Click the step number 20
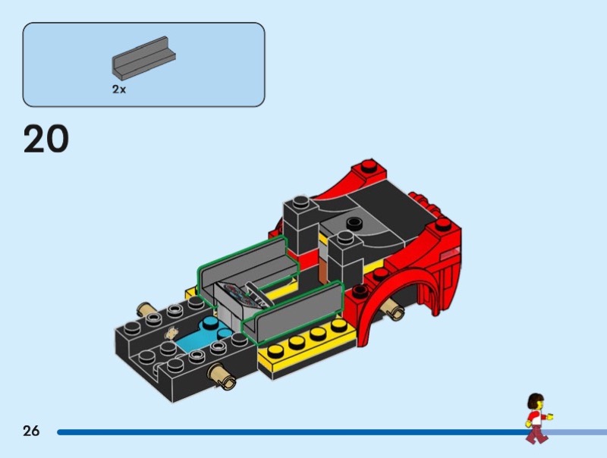point(46,139)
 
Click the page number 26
point(31,431)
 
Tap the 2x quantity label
point(119,89)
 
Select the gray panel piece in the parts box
point(143,56)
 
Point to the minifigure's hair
point(536,400)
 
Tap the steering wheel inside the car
point(257,293)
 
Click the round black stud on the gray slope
point(354,222)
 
